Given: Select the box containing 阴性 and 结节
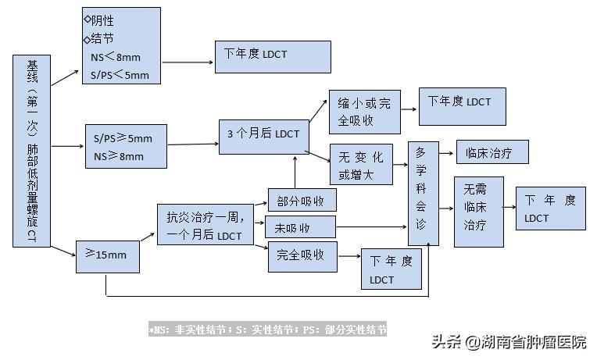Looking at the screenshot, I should coord(121,48).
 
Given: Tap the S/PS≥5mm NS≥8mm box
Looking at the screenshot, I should coord(125,147).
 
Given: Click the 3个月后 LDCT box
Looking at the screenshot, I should coord(263,133).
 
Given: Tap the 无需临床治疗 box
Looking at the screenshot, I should coord(478,212).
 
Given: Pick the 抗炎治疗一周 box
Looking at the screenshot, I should coord(205,224).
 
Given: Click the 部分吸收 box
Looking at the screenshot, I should coord(302,201).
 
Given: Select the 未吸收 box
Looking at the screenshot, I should coord(301,228).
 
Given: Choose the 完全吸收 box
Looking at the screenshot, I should coord(302,255).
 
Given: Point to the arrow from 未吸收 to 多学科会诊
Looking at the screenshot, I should coord(371,228).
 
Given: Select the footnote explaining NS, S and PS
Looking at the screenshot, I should coord(268,330).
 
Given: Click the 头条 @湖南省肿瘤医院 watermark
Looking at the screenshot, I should coord(509,342).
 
